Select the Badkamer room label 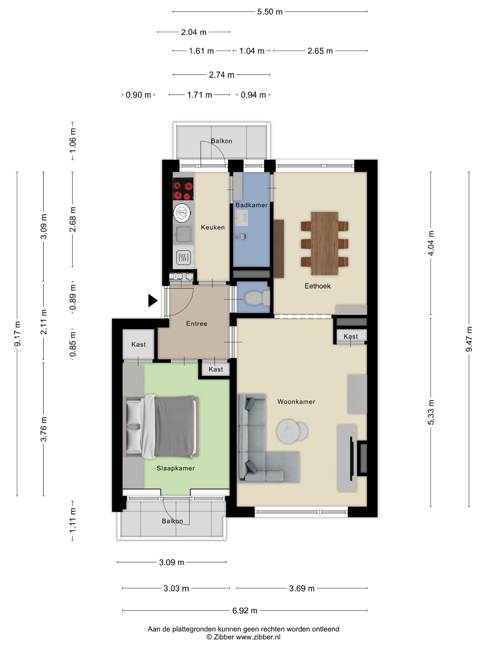pyautogui.click(x=251, y=205)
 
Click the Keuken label pyautogui.click(x=213, y=227)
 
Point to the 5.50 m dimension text pyautogui.click(x=270, y=12)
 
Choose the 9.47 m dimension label pyautogui.click(x=469, y=339)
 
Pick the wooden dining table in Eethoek pyautogui.click(x=324, y=243)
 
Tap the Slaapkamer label pyautogui.click(x=175, y=468)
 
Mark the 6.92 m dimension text pyautogui.click(x=245, y=611)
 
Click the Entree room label pyautogui.click(x=196, y=324)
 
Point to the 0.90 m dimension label pyautogui.click(x=138, y=95)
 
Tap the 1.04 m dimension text pyautogui.click(x=252, y=51)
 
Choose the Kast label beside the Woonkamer pyautogui.click(x=351, y=336)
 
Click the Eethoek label pyautogui.click(x=317, y=286)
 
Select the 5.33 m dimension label pyautogui.click(x=431, y=412)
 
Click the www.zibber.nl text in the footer pyautogui.click(x=258, y=637)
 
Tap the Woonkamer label pyautogui.click(x=296, y=402)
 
